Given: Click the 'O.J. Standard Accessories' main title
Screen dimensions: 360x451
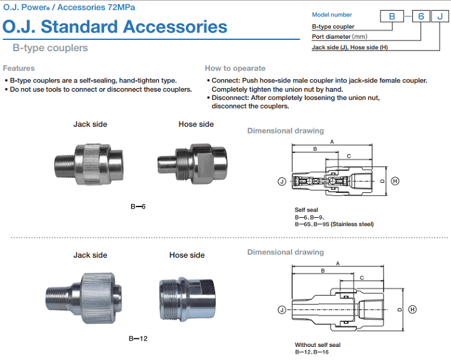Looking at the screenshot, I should coord(115,27).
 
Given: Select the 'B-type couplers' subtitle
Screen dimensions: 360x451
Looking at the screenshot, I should coord(51,48).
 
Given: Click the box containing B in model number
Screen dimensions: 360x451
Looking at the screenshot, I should coord(392,16).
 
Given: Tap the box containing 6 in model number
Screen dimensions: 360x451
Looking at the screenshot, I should coord(421,16).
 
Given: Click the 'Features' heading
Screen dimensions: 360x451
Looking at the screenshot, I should coord(19,68).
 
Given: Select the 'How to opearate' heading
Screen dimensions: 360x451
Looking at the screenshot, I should coord(235,68).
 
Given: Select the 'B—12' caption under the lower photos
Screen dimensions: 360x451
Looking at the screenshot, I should coord(138,339).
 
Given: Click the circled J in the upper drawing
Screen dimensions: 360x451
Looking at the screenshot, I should coord(282,181).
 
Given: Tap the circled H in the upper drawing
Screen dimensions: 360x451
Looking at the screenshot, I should coord(395,181).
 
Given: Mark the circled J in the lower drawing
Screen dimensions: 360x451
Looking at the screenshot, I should coord(282,309).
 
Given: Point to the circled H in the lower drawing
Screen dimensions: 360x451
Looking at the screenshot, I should coord(412,309).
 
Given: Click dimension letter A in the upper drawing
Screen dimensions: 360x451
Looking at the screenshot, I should coord(332,142).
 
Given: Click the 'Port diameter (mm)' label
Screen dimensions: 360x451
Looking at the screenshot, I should coord(341,36).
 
